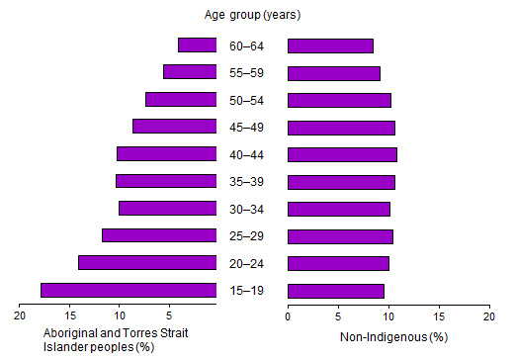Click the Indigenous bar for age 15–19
129,290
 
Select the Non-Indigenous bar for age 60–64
330,45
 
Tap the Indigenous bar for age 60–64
197,45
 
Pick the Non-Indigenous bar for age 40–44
342,154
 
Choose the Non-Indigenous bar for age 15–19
335,290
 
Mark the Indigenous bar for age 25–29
159,235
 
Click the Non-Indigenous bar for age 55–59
333,73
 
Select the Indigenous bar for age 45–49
174,127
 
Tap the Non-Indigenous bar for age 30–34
338,209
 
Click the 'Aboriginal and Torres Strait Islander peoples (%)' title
116,338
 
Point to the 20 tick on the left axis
20,316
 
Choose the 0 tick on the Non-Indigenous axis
288,316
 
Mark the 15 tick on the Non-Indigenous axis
439,316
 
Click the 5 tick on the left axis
169,316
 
